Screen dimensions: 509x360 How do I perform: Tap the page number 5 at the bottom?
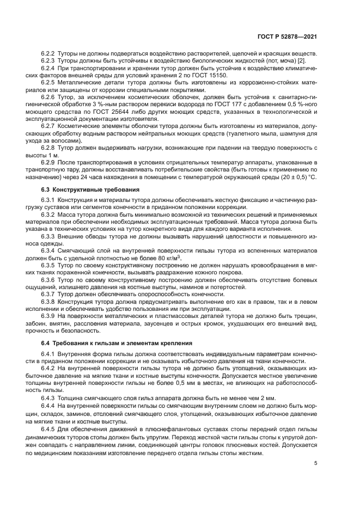[x=316, y=463]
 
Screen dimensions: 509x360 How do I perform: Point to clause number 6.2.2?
[x=48, y=53]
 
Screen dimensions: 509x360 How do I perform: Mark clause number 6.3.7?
[x=48, y=293]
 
